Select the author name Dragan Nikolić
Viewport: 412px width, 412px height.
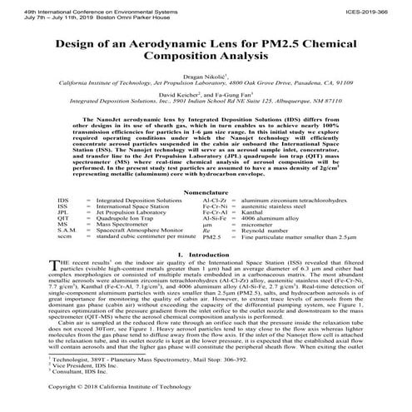point(203,75)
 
